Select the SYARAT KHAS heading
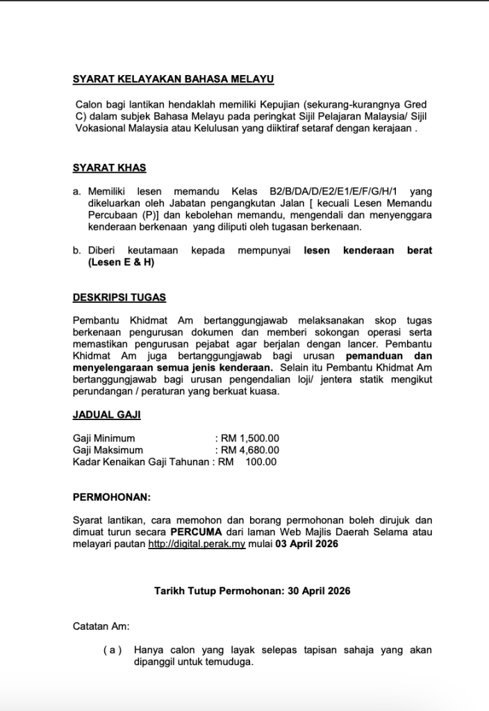[110, 168]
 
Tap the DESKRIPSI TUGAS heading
[119, 297]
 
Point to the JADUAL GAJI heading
[106, 415]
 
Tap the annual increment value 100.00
[261, 462]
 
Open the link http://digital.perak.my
[197, 544]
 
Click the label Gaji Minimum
[104, 438]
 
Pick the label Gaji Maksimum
[108, 450]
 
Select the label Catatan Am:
[101, 626]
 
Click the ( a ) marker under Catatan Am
[112, 651]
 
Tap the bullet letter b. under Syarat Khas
[77, 251]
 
